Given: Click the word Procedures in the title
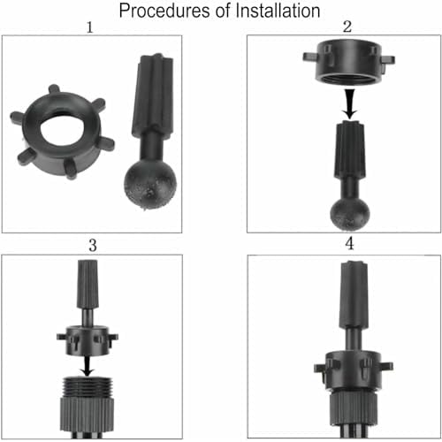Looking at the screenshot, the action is [164, 11].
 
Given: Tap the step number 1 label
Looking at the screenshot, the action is [90, 27].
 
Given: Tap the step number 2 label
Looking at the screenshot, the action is [347, 27].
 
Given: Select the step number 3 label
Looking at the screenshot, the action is [93, 246].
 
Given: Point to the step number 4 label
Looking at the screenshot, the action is [349, 244].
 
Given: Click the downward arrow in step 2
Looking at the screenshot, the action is [350, 104].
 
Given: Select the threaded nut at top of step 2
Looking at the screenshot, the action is [349, 62].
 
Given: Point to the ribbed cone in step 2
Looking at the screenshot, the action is [350, 149].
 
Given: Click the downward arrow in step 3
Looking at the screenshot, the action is [88, 366].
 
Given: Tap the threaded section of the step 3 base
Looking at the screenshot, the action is [88, 387].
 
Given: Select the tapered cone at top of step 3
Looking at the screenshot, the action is [88, 284].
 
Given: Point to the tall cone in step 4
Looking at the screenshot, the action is [354, 295].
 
